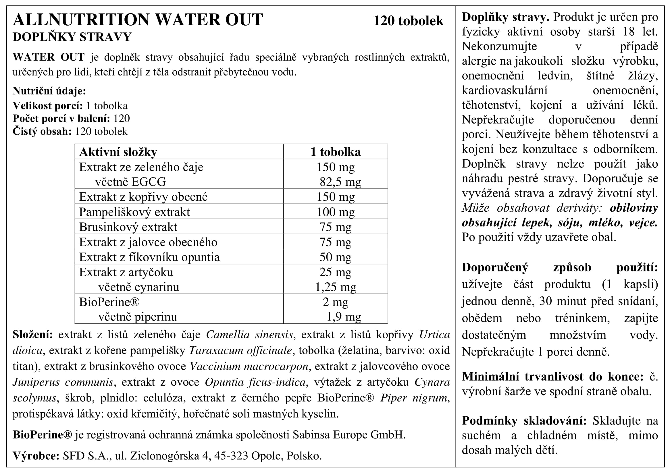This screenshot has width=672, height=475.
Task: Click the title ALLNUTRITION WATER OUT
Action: tap(138, 20)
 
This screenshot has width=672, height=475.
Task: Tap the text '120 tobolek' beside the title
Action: tap(408, 21)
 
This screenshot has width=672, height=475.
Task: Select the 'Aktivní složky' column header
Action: tap(118, 152)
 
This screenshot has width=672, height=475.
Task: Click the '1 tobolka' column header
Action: tap(335, 152)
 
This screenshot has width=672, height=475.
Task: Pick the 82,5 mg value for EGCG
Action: tap(340, 182)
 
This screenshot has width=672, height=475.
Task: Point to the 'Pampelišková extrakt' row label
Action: tap(134, 212)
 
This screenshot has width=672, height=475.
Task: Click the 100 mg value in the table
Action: tap(335, 212)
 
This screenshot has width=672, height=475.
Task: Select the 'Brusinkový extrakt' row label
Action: tap(128, 227)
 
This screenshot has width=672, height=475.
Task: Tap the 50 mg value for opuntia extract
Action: tap(335, 257)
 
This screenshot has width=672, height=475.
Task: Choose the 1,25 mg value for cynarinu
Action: tap(335, 287)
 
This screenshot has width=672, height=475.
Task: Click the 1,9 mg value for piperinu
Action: tap(344, 317)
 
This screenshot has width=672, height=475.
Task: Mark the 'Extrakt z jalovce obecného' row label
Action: tap(148, 242)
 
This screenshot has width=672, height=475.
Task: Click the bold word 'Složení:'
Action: tap(33, 335)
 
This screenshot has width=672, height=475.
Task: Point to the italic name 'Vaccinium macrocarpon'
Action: tap(249, 366)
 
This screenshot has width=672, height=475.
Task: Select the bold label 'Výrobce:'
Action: tap(36, 456)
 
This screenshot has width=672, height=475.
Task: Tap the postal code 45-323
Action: tap(231, 456)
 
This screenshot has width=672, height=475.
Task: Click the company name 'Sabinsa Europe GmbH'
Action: tap(348, 435)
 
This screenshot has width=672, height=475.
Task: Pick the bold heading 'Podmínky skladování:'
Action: tap(524, 421)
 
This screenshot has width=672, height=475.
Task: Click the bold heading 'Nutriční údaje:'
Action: tap(49, 91)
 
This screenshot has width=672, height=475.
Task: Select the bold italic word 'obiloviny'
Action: tap(634, 208)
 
